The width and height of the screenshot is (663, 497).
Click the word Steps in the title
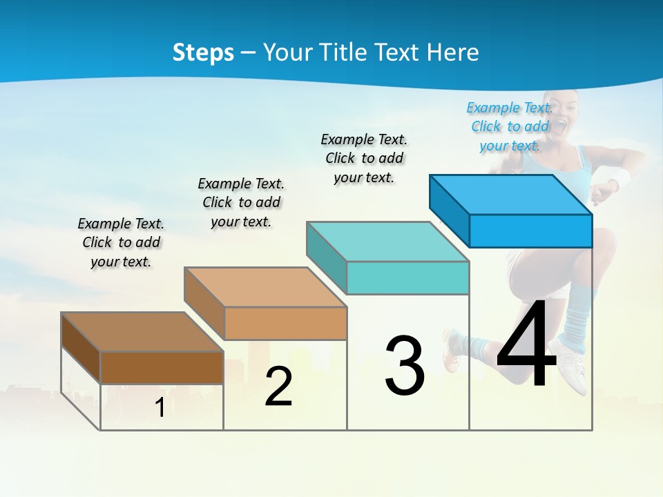pyautogui.click(x=203, y=52)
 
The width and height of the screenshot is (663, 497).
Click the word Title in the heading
pyautogui.click(x=346, y=52)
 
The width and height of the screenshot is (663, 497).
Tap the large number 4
pyautogui.click(x=526, y=345)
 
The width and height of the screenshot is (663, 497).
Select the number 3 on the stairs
pyautogui.click(x=405, y=366)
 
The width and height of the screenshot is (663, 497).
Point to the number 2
pyautogui.click(x=278, y=387)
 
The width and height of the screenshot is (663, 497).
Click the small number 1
pyautogui.click(x=160, y=408)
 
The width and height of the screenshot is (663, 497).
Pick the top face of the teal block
pyautogui.click(x=387, y=242)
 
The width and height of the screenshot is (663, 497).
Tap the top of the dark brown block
pyautogui.click(x=142, y=332)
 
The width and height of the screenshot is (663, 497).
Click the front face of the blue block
pyautogui.click(x=530, y=231)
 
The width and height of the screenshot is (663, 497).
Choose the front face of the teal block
pyautogui.click(x=407, y=277)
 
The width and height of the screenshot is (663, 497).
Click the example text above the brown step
pyautogui.click(x=121, y=242)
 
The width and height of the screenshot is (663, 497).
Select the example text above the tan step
pyautogui.click(x=241, y=202)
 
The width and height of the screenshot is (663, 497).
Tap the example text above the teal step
pyautogui.click(x=364, y=158)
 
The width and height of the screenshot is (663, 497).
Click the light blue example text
pyautogui.click(x=510, y=126)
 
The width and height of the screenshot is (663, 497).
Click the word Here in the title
pyautogui.click(x=453, y=52)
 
